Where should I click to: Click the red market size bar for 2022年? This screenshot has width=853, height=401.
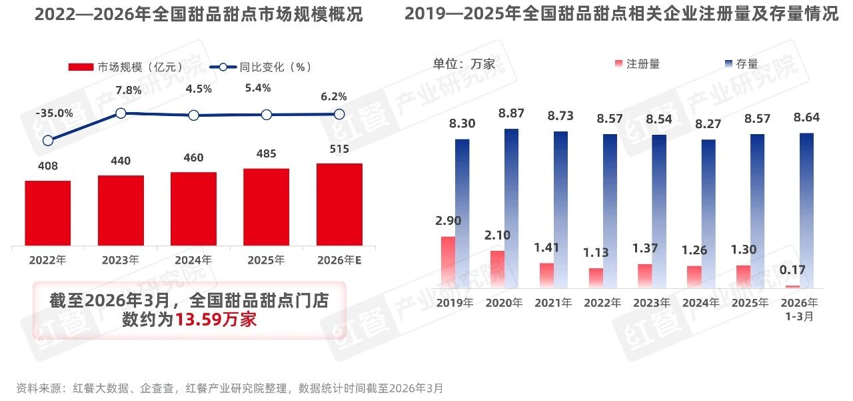[48, 213]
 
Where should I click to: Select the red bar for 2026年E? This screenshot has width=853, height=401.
[339, 204]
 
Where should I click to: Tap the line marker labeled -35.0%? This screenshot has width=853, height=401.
[48, 140]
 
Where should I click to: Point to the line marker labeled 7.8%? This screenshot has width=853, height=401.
[121, 113]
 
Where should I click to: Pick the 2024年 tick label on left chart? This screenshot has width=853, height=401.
[194, 260]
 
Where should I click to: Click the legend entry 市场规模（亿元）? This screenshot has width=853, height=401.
[127, 67]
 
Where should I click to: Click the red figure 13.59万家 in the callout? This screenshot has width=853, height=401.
[216, 320]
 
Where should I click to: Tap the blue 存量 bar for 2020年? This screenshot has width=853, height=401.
[511, 208]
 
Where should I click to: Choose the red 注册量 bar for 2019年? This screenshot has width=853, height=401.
[448, 262]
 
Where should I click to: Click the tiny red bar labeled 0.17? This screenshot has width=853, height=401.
[792, 286]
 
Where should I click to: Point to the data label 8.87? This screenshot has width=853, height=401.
[511, 113]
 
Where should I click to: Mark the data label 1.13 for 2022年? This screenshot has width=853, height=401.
[596, 253]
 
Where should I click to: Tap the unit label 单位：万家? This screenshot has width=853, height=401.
[464, 64]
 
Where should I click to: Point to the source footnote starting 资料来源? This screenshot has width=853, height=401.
[229, 388]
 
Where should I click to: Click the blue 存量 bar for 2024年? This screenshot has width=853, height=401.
[708, 214]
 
